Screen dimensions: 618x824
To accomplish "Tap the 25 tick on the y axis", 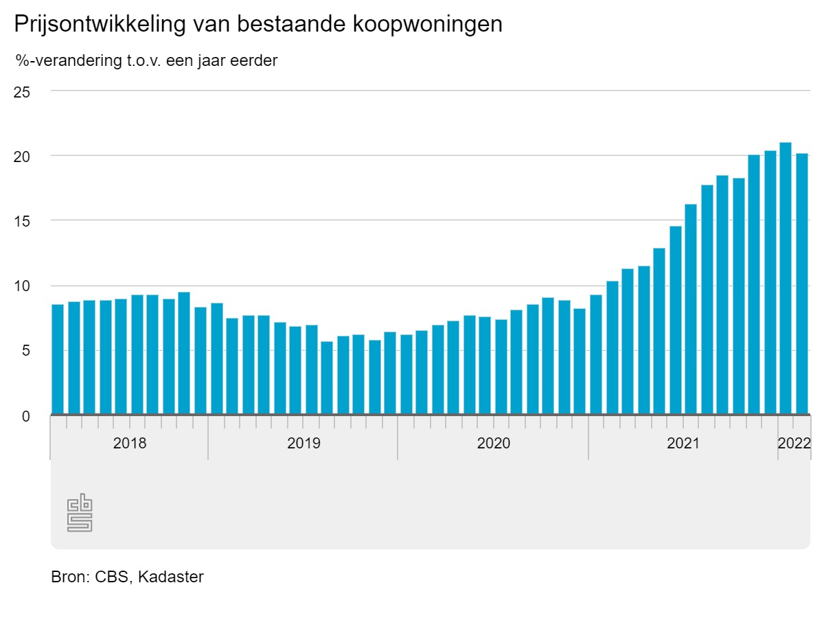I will click(22, 91).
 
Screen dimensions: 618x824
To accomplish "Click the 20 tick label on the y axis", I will click(22, 156).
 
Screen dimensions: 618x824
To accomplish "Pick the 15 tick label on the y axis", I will click(22, 221).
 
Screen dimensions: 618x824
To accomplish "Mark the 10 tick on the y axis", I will click(22, 286).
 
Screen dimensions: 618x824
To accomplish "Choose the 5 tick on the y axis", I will click(26, 351).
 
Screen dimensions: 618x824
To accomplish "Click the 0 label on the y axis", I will click(26, 415).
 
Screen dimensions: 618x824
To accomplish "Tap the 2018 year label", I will click(130, 443).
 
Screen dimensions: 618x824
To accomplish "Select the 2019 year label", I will click(304, 443).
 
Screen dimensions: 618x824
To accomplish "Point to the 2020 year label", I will click(493, 443).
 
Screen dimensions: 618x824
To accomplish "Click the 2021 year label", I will click(683, 443).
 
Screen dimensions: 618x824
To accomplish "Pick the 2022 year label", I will click(794, 443).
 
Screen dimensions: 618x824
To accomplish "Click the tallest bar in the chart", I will click(786, 279).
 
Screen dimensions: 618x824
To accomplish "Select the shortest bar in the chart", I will click(327, 378).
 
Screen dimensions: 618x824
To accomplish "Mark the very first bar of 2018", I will click(58, 359).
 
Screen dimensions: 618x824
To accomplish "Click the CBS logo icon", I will click(80, 512).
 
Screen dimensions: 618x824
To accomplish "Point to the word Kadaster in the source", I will click(171, 577).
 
